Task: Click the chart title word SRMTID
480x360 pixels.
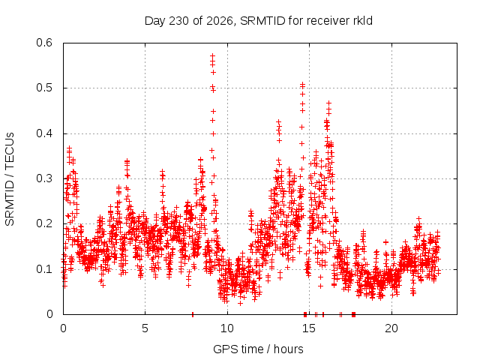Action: pyautogui.click(x=262, y=21)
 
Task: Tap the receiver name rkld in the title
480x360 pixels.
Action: pyautogui.click(x=361, y=21)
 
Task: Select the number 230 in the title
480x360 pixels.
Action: pyautogui.click(x=179, y=21)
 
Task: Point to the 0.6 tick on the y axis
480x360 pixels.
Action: pyautogui.click(x=44, y=43)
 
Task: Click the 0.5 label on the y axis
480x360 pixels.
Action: pyautogui.click(x=44, y=88)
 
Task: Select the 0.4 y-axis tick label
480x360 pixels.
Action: pyautogui.click(x=44, y=133)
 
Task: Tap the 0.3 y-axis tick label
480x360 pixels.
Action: pyautogui.click(x=44, y=178)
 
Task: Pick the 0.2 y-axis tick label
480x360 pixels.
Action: pyautogui.click(x=44, y=223)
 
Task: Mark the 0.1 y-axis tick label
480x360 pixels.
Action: pyautogui.click(x=44, y=269)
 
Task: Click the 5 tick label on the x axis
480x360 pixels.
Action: pyautogui.click(x=145, y=328)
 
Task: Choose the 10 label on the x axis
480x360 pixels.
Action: pyautogui.click(x=226, y=328)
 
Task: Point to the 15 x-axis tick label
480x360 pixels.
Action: pyautogui.click(x=309, y=328)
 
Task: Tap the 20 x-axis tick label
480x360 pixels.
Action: pyautogui.click(x=391, y=328)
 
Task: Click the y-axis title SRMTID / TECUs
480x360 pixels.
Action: pyautogui.click(x=10, y=179)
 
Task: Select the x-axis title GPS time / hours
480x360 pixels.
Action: pyautogui.click(x=258, y=349)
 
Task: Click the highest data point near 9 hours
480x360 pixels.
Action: pyautogui.click(x=212, y=55)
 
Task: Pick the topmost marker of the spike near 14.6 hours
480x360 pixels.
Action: pyautogui.click(x=302, y=83)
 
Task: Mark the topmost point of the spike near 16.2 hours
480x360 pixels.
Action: pyautogui.click(x=328, y=103)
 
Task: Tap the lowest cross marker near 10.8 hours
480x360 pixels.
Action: pyautogui.click(x=240, y=303)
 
